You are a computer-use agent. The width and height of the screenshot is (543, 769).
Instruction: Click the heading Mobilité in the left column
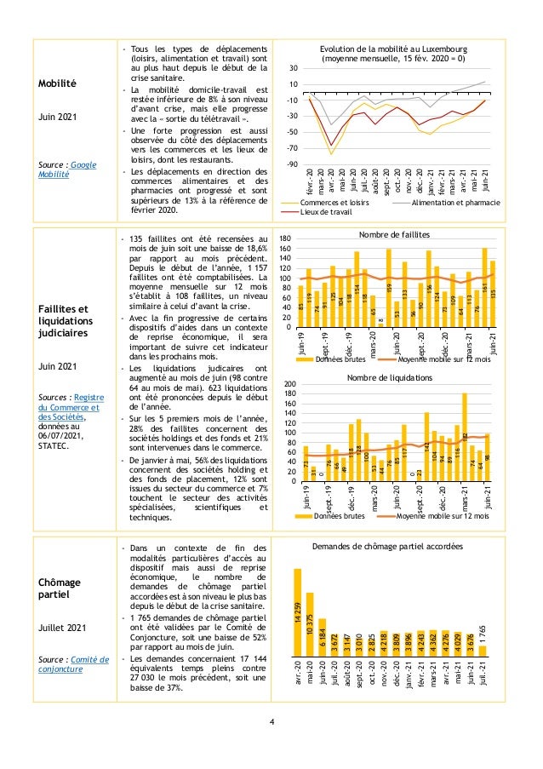pyautogui.click(x=58, y=83)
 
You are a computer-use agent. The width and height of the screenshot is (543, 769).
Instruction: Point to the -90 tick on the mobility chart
pyautogui.click(x=292, y=164)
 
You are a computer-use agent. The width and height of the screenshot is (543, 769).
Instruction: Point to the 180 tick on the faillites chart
pyautogui.click(x=286, y=240)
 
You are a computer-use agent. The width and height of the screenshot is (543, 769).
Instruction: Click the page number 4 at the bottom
pyautogui.click(x=271, y=724)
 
